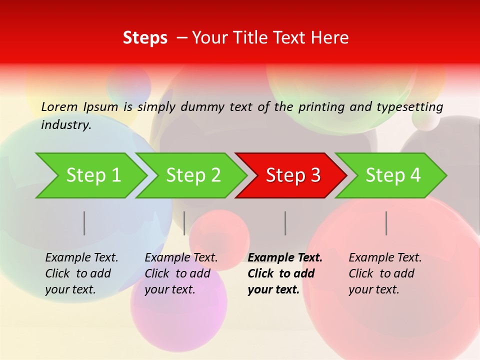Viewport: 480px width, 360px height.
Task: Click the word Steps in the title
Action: (145, 38)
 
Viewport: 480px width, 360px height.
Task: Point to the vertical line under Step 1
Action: (84, 223)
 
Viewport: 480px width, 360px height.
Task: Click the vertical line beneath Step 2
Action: (184, 223)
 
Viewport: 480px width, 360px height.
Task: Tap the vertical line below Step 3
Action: (285, 223)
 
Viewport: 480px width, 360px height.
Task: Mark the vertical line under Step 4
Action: (386, 223)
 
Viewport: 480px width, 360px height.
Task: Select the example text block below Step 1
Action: (81, 273)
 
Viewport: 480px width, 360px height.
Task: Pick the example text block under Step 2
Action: (181, 273)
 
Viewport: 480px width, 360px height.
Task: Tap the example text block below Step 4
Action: (384, 273)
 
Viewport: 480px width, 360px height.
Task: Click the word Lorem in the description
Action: (59, 106)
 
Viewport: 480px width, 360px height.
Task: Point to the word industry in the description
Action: (65, 124)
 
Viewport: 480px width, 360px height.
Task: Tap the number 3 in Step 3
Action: (314, 175)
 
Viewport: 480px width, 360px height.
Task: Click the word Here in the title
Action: (332, 38)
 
